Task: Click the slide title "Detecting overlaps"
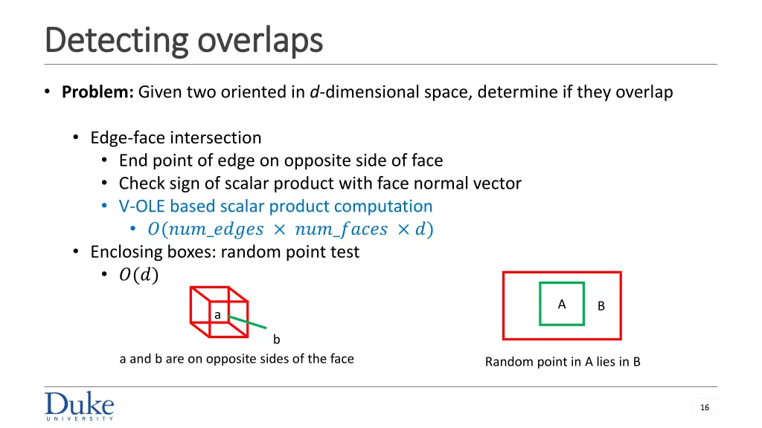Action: (184, 40)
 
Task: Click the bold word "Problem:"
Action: (97, 92)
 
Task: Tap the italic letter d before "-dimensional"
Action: (315, 92)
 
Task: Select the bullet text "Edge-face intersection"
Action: (176, 137)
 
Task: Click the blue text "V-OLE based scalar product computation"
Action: (275, 206)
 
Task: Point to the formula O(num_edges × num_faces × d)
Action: (290, 229)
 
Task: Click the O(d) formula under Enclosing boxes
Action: (138, 275)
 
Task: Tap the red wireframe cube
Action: (201, 297)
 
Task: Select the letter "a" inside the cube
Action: (217, 315)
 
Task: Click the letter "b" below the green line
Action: (276, 340)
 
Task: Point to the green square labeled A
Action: (561, 304)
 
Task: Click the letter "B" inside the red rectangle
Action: (601, 305)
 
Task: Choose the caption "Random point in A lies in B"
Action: (563, 362)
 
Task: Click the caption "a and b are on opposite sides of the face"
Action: (237, 359)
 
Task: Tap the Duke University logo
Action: (80, 406)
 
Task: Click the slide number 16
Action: (705, 407)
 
